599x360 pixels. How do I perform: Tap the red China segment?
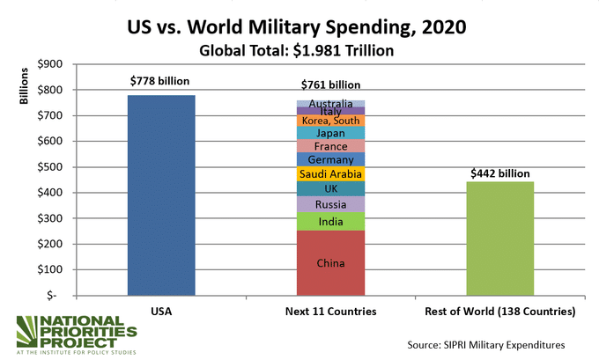click(x=331, y=262)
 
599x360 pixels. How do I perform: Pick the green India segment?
click(x=331, y=222)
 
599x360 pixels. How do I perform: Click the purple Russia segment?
click(x=331, y=204)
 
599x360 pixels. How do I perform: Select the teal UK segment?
click(x=331, y=188)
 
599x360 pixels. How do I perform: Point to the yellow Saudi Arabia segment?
click(x=331, y=174)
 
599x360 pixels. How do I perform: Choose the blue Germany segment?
click(x=331, y=159)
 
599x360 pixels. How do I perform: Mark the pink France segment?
click(x=331, y=146)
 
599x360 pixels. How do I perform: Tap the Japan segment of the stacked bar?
click(x=331, y=133)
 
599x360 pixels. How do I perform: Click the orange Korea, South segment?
click(x=331, y=121)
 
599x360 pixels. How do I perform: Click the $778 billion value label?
click(x=160, y=82)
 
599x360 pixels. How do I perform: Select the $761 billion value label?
click(x=330, y=85)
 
